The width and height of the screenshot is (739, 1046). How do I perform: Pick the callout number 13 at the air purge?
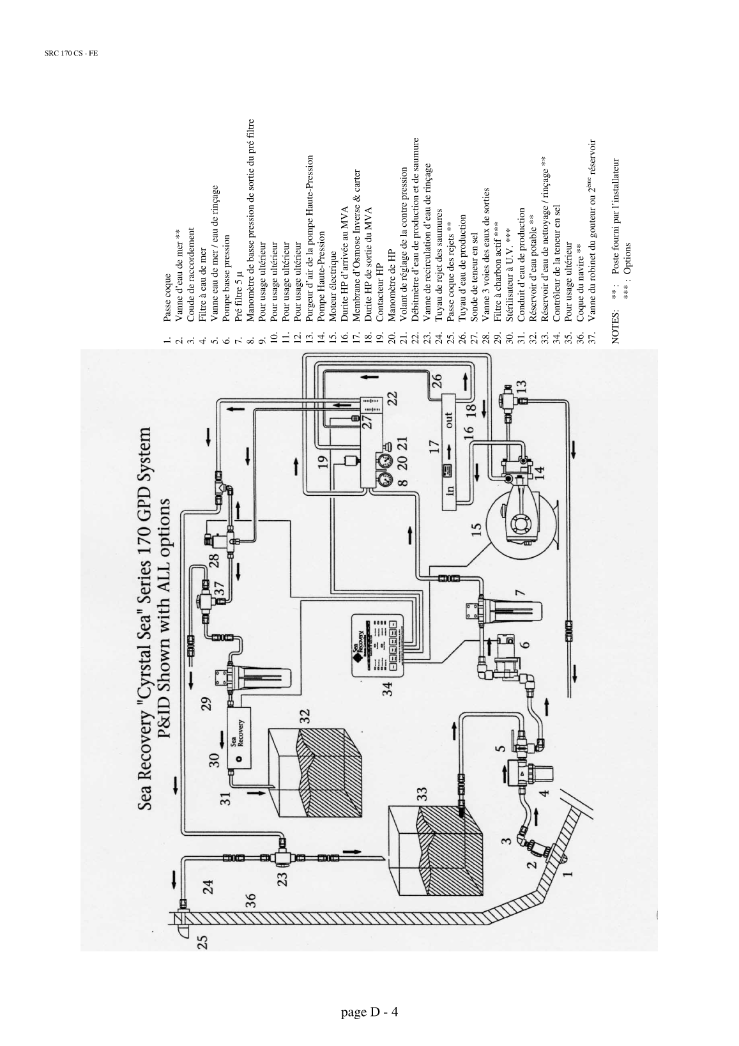pos(522,387)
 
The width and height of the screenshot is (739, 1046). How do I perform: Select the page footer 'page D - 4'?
pos(370,1011)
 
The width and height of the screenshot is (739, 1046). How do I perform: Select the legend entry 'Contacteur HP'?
pos(379,300)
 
